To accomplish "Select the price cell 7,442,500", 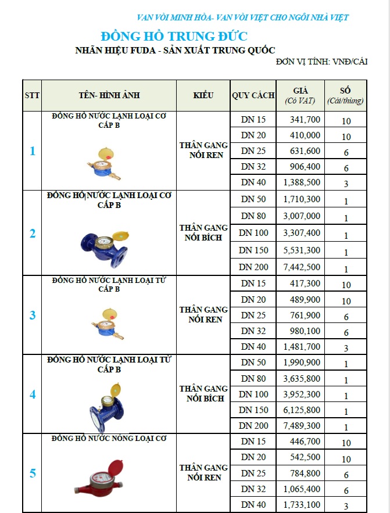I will click(302, 267).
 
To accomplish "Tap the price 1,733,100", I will click(302, 505).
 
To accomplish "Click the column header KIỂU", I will click(203, 95).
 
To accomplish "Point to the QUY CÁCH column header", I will click(253, 95).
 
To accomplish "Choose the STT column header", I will click(32, 95).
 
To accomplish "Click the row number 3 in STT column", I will click(33, 315).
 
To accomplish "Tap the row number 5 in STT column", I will click(33, 473).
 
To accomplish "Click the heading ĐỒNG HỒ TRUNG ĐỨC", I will click(174, 36).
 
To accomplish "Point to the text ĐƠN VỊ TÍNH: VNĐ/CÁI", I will click(321, 62).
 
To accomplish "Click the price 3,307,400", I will click(302, 233).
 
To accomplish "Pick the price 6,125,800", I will click(302, 410).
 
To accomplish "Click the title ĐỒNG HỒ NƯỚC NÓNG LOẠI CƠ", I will click(109, 439).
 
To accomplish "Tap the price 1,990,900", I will click(302, 363).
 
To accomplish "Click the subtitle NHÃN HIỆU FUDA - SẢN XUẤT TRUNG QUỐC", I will click(175, 50).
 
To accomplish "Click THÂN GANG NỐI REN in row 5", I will click(203, 472).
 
